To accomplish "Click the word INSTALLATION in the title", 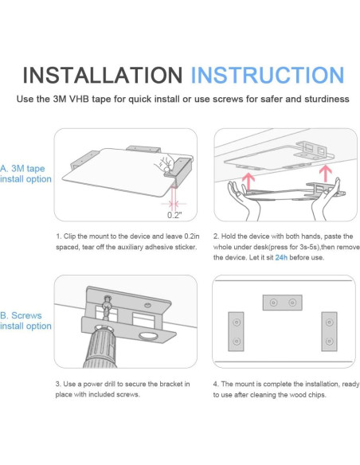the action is pyautogui.click(x=103, y=75).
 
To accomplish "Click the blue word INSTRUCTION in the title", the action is pyautogui.click(x=267, y=75).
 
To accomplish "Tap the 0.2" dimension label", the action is pyautogui.click(x=174, y=215).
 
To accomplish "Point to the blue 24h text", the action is pyautogui.click(x=281, y=257).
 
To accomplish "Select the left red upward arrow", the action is pyautogui.click(x=248, y=182).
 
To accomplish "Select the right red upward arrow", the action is pyautogui.click(x=326, y=174).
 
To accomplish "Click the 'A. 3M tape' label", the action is pyautogui.click(x=22, y=169).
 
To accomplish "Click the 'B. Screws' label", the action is pyautogui.click(x=21, y=315).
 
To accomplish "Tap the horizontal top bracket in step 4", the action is pyautogui.click(x=282, y=303).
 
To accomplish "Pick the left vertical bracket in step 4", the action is pyautogui.click(x=236, y=331).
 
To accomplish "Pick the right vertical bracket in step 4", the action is pyautogui.click(x=329, y=331).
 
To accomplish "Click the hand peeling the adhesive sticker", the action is pyautogui.click(x=165, y=164).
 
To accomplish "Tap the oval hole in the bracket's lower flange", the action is pyautogui.click(x=149, y=336).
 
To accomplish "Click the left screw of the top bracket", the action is pyautogui.click(x=273, y=303).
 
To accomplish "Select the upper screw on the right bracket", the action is pyautogui.click(x=329, y=322).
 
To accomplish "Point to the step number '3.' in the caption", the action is pyautogui.click(x=58, y=384).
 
